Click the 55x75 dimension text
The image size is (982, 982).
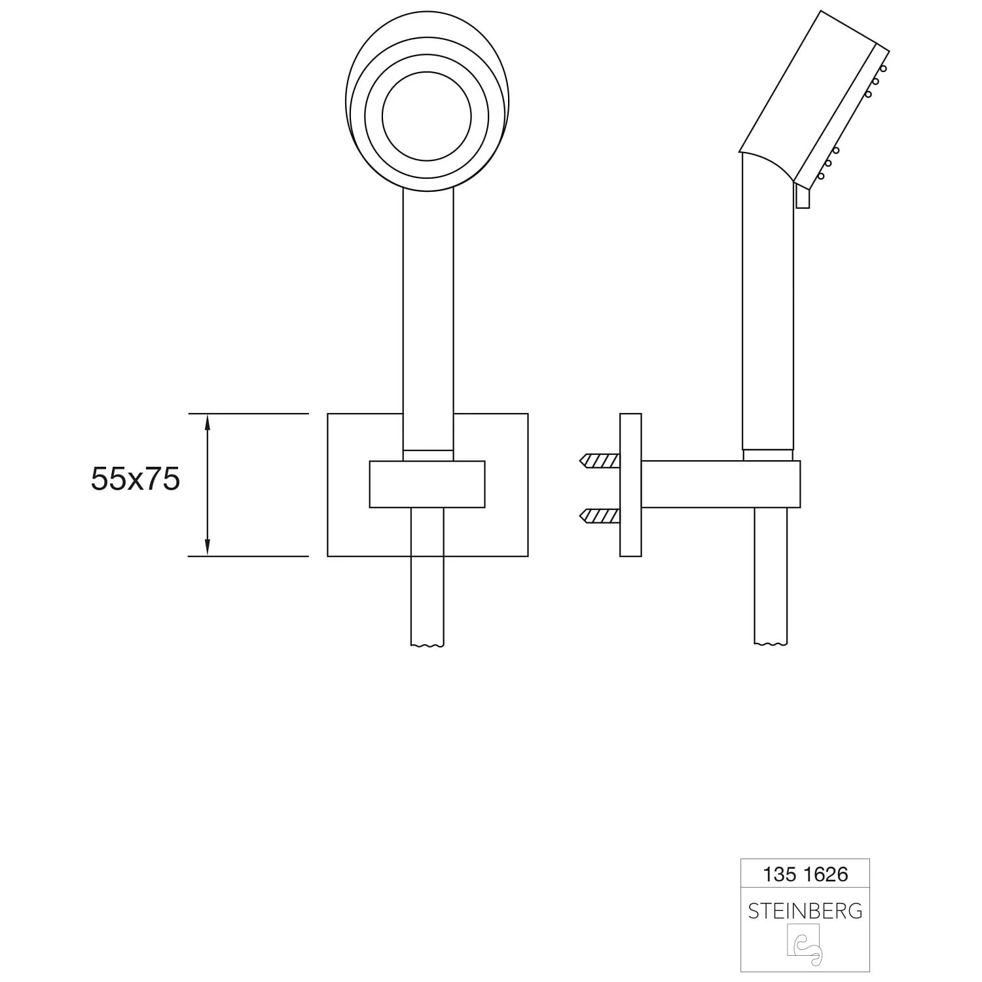[x=136, y=480]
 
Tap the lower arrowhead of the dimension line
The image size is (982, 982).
[x=208, y=547]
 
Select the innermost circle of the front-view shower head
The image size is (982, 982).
[x=426, y=117]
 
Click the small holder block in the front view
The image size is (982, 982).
[x=427, y=484]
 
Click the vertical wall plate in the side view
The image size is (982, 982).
[x=630, y=485]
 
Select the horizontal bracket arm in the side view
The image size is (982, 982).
[x=720, y=484]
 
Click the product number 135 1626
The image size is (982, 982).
[x=805, y=874]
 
